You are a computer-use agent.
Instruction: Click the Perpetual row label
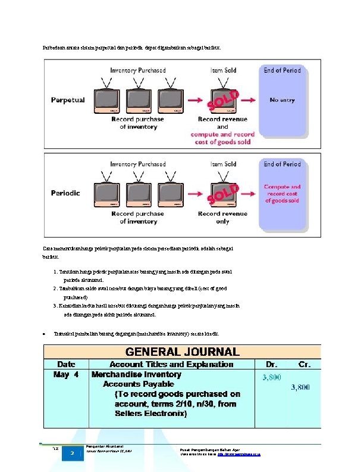coord(68,100)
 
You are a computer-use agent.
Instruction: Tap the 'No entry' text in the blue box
coord(282,100)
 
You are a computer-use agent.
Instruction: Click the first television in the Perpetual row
coord(108,99)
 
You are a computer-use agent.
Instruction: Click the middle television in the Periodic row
coord(138,192)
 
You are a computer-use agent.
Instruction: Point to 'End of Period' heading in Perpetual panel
coord(283,70)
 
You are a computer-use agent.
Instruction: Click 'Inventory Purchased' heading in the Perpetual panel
coord(138,70)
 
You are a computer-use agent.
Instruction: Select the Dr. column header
coord(273,364)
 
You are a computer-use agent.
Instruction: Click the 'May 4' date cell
coord(65,375)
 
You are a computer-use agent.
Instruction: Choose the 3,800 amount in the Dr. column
coord(272,377)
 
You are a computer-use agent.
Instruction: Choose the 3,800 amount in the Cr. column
coord(300,387)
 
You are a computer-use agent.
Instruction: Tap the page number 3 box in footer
coord(71,454)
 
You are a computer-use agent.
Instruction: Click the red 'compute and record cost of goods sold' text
coord(222,138)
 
